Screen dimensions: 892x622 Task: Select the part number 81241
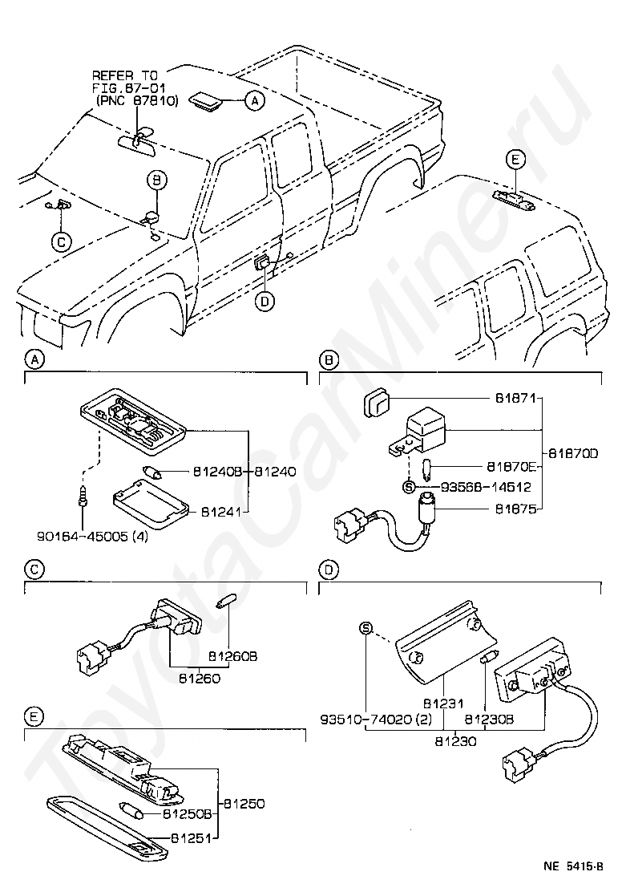coord(221,510)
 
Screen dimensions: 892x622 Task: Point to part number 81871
coord(513,397)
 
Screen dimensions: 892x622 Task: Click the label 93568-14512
coord(479,487)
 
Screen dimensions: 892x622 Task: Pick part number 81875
coord(513,508)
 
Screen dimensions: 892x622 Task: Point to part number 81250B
coord(187,813)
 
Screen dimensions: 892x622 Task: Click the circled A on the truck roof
coord(253,101)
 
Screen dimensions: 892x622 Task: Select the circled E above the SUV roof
coord(515,160)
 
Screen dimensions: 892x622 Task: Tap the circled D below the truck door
coord(265,302)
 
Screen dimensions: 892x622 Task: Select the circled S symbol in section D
coord(366,628)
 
